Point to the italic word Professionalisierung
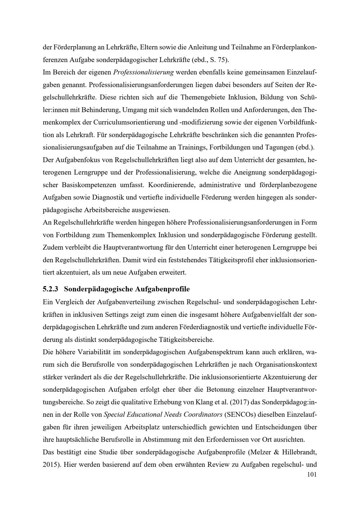pyautogui.click(x=143, y=72)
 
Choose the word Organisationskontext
pyautogui.click(x=286, y=364)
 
